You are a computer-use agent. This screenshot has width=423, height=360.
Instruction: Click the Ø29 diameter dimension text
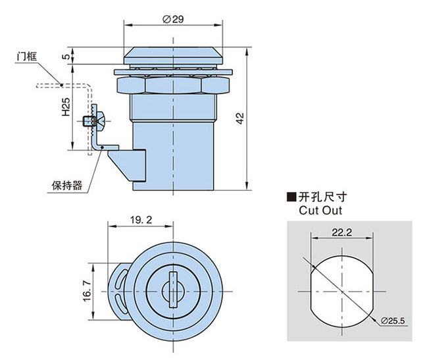pos(173,19)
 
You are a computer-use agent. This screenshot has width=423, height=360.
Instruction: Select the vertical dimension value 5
pos(65,57)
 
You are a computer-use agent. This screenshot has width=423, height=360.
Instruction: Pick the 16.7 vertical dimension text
pos(86,288)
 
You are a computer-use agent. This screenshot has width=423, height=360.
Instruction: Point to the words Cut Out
pos(320,211)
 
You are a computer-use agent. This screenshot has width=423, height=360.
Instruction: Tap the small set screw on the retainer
pos(89,120)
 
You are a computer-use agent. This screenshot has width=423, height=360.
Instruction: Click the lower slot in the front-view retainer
pos(118,304)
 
